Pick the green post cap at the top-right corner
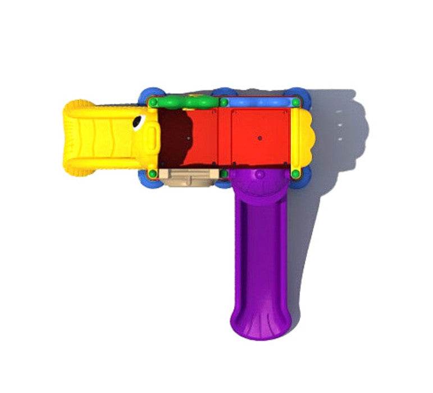(x=295, y=103)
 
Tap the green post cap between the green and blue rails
(x=224, y=103)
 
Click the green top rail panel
(x=188, y=103)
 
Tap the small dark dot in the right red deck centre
(x=259, y=137)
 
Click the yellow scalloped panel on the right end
(x=303, y=138)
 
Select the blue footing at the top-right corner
(x=298, y=93)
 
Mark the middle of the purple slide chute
(x=259, y=253)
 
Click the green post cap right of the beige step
(x=224, y=173)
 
